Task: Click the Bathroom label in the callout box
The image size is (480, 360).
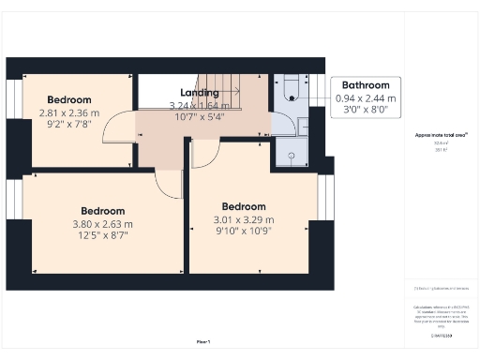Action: coord(366,84)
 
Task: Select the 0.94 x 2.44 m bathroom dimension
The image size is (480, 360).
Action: coord(366,97)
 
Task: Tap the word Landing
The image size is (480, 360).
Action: coord(200,93)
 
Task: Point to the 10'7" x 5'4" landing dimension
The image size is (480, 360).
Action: coord(198,117)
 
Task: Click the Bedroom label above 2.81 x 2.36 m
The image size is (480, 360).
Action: coord(68,100)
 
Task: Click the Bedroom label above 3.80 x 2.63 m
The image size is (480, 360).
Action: coord(103,211)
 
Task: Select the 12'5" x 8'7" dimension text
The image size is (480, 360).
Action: coord(103,234)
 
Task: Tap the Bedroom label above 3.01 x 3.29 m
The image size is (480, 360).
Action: coord(244,206)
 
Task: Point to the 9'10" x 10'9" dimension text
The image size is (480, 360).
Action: coord(244,232)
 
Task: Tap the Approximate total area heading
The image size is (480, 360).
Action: coord(442,135)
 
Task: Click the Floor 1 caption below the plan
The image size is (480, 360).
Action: coord(202,341)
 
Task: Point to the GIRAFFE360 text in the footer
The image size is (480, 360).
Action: coord(442,334)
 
